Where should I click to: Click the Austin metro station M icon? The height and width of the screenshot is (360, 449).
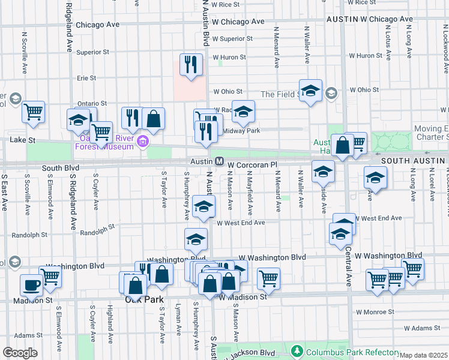click(x=220, y=161)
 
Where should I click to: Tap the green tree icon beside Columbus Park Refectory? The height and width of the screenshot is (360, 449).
click(x=296, y=350)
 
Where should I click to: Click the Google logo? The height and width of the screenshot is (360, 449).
click(x=20, y=353)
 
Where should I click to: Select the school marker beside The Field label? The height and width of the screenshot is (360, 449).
click(x=310, y=91)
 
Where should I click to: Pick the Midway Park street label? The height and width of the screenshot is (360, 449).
click(x=241, y=131)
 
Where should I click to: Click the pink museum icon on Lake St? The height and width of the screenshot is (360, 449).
click(x=143, y=142)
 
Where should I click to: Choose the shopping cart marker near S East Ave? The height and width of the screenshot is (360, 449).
click(x=34, y=112)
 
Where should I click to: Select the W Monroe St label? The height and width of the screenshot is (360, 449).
click(x=375, y=312)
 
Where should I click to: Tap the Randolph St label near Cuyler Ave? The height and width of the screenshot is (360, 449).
click(x=97, y=230)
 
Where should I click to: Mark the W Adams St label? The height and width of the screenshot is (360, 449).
click(x=422, y=328)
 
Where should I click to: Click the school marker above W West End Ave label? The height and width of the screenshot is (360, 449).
click(x=204, y=208)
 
